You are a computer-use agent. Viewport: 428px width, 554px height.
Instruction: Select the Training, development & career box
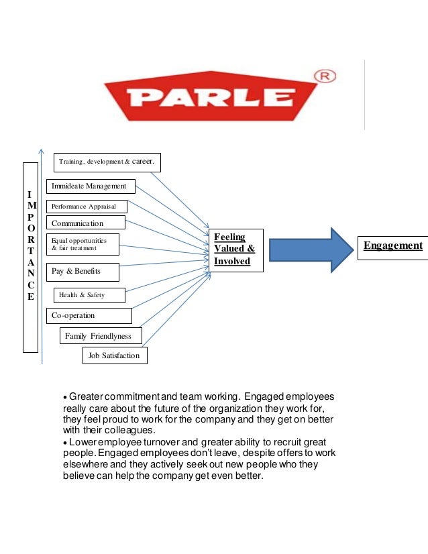coord(107,162)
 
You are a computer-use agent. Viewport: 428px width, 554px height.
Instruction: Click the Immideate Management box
coord(91,186)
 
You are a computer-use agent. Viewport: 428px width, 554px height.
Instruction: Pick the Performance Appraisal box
coord(87,207)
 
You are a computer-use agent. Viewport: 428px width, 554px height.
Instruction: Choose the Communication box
coord(86,223)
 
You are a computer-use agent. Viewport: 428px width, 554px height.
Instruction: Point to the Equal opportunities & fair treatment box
coord(83,244)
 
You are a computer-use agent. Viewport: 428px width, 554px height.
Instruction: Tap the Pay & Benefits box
coord(83,272)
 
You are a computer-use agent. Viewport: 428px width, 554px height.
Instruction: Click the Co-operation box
coord(89,315)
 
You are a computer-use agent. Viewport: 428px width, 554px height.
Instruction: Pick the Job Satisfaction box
coord(114,355)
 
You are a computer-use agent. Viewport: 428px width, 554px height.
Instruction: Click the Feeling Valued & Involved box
coord(235,250)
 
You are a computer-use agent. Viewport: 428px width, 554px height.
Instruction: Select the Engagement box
coord(392,246)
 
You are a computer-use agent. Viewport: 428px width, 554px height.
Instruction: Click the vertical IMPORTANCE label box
coord(31,257)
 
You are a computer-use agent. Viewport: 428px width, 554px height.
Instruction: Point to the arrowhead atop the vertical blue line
coord(42,152)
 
